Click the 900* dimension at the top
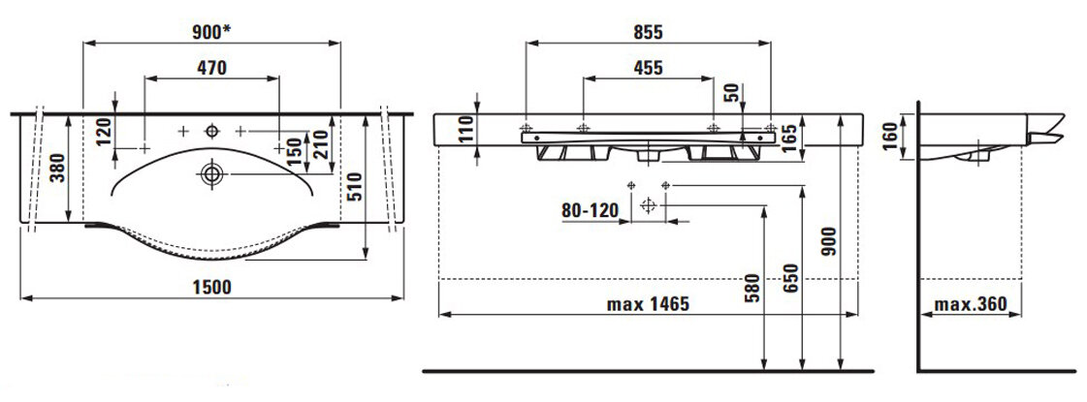(212, 31)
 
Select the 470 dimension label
(211, 67)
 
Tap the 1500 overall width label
(212, 287)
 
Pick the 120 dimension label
(104, 132)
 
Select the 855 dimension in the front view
(648, 32)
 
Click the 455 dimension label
(648, 67)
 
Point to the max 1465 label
(648, 304)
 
